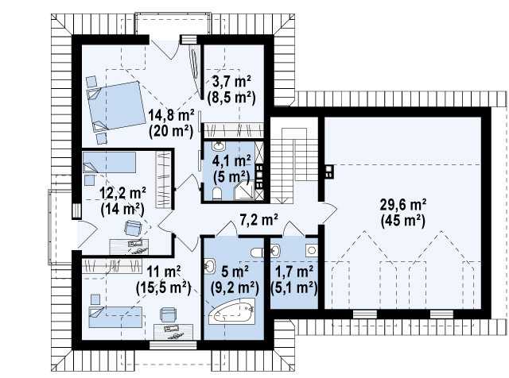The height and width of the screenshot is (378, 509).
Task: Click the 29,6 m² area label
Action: pos(403,205)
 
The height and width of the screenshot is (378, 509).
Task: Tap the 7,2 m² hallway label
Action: pos(258,220)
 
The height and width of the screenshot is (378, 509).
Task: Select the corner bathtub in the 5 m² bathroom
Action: pos(231,311)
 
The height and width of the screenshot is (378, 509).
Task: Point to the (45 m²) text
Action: pos(403,221)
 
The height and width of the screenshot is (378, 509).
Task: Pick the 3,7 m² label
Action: pos(231,81)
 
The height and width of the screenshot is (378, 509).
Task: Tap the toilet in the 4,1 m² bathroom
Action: pos(217,194)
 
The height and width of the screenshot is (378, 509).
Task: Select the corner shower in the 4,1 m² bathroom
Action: pos(245,190)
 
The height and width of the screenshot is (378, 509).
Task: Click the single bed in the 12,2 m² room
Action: pos(109,163)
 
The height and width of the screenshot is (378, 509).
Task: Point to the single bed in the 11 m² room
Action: pos(115,317)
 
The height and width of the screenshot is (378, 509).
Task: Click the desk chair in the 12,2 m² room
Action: pos(134,228)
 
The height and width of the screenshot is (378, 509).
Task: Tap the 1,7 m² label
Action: pos(294,272)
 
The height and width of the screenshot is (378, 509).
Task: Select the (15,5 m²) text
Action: pos(163,287)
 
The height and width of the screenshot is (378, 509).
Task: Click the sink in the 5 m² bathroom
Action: pos(210,267)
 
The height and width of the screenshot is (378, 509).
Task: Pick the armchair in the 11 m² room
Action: pos(168,314)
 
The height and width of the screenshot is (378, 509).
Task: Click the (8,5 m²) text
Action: pos(231,97)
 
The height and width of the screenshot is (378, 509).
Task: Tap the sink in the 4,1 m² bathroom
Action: pos(219,146)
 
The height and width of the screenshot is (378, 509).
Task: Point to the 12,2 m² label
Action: pos(122,194)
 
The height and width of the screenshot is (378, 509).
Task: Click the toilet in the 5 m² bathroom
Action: pos(257,253)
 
